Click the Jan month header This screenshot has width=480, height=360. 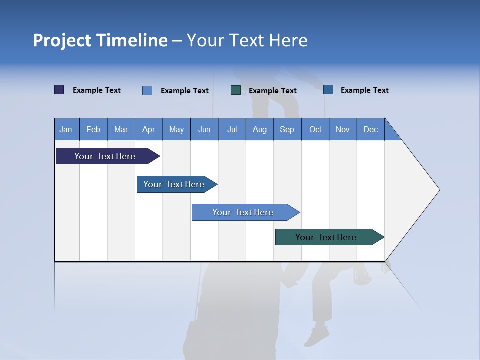[x=66, y=129]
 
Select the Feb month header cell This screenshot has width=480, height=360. [x=93, y=129]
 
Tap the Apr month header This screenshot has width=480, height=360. [x=148, y=129]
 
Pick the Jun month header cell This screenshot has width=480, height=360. [x=204, y=129]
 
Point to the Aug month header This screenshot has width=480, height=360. [x=259, y=129]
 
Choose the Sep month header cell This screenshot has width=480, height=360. [x=287, y=129]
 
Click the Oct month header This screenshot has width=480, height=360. [x=315, y=129]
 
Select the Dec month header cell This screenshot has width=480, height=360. [x=370, y=129]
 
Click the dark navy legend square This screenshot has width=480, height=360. [x=59, y=90]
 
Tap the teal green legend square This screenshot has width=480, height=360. [x=236, y=90]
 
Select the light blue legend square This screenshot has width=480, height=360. [x=147, y=90]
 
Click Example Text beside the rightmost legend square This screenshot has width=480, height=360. [x=364, y=90]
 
